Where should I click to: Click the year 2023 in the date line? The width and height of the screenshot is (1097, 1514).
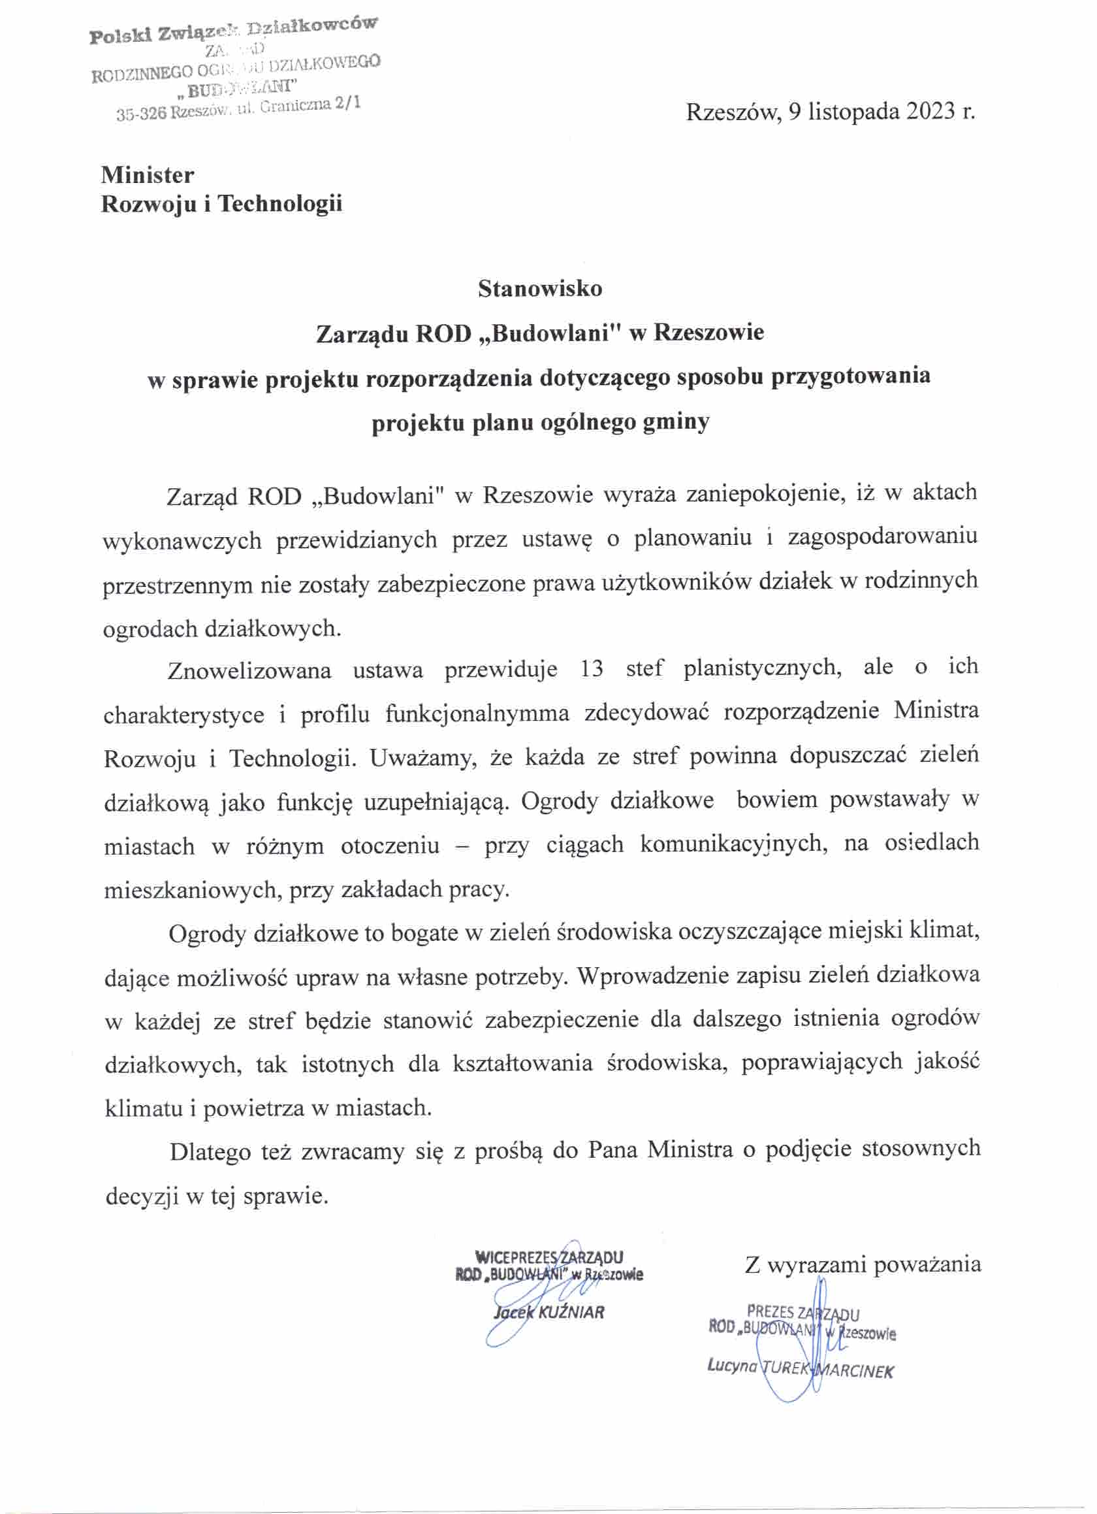[x=930, y=111]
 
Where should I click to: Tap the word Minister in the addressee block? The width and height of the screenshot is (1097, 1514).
[x=148, y=175]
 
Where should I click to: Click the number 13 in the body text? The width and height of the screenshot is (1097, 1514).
[x=591, y=669]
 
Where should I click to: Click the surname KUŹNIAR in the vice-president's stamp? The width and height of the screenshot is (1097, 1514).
[x=571, y=1312]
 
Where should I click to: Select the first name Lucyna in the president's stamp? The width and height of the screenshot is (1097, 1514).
[x=731, y=1366]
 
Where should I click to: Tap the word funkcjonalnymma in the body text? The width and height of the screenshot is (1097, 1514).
[x=477, y=714]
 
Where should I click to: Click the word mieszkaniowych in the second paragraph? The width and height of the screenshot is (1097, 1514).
[x=192, y=890]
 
